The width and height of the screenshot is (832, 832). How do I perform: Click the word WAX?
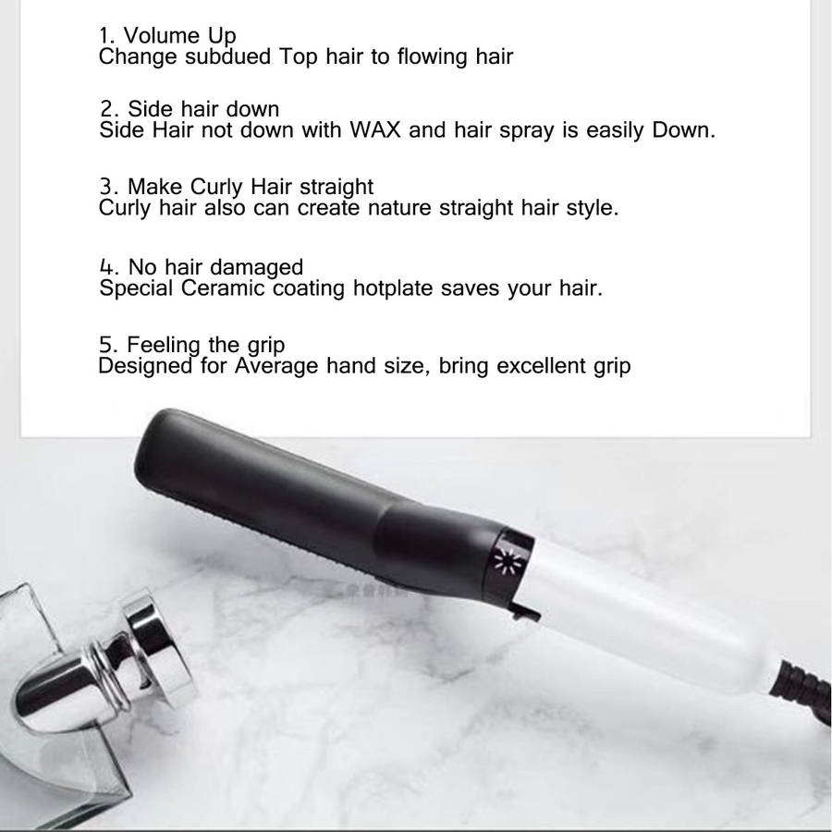tap(374, 129)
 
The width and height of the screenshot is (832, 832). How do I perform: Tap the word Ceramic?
tap(222, 288)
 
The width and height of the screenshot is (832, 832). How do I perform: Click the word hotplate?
tap(393, 289)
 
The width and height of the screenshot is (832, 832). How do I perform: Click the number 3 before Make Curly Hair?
tap(106, 187)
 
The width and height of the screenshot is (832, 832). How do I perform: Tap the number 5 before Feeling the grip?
tap(105, 345)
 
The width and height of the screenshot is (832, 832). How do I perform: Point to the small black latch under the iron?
tap(525, 611)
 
